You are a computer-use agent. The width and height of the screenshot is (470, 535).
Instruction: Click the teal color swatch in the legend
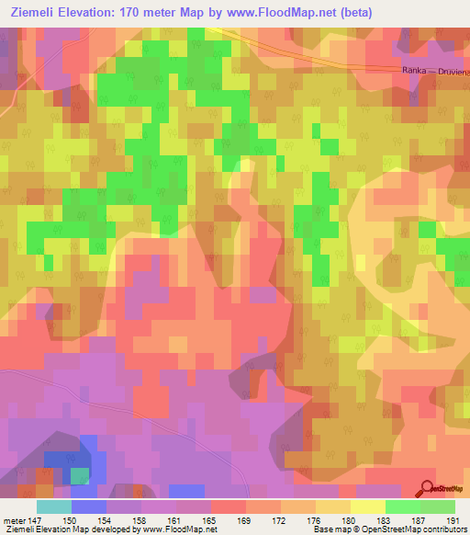tap(54, 507)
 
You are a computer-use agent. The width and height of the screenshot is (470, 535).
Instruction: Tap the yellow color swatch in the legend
tap(368, 507)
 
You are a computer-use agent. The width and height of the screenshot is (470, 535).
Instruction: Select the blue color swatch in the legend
tap(89, 507)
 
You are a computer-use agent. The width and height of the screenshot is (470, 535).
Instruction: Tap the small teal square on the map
tap(81, 475)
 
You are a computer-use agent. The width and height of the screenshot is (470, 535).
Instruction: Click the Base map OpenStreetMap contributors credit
tap(387, 529)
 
